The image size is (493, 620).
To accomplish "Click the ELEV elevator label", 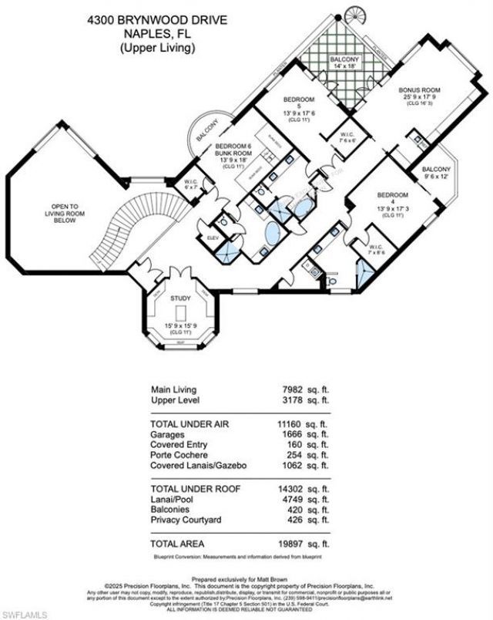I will pos(213,238).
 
